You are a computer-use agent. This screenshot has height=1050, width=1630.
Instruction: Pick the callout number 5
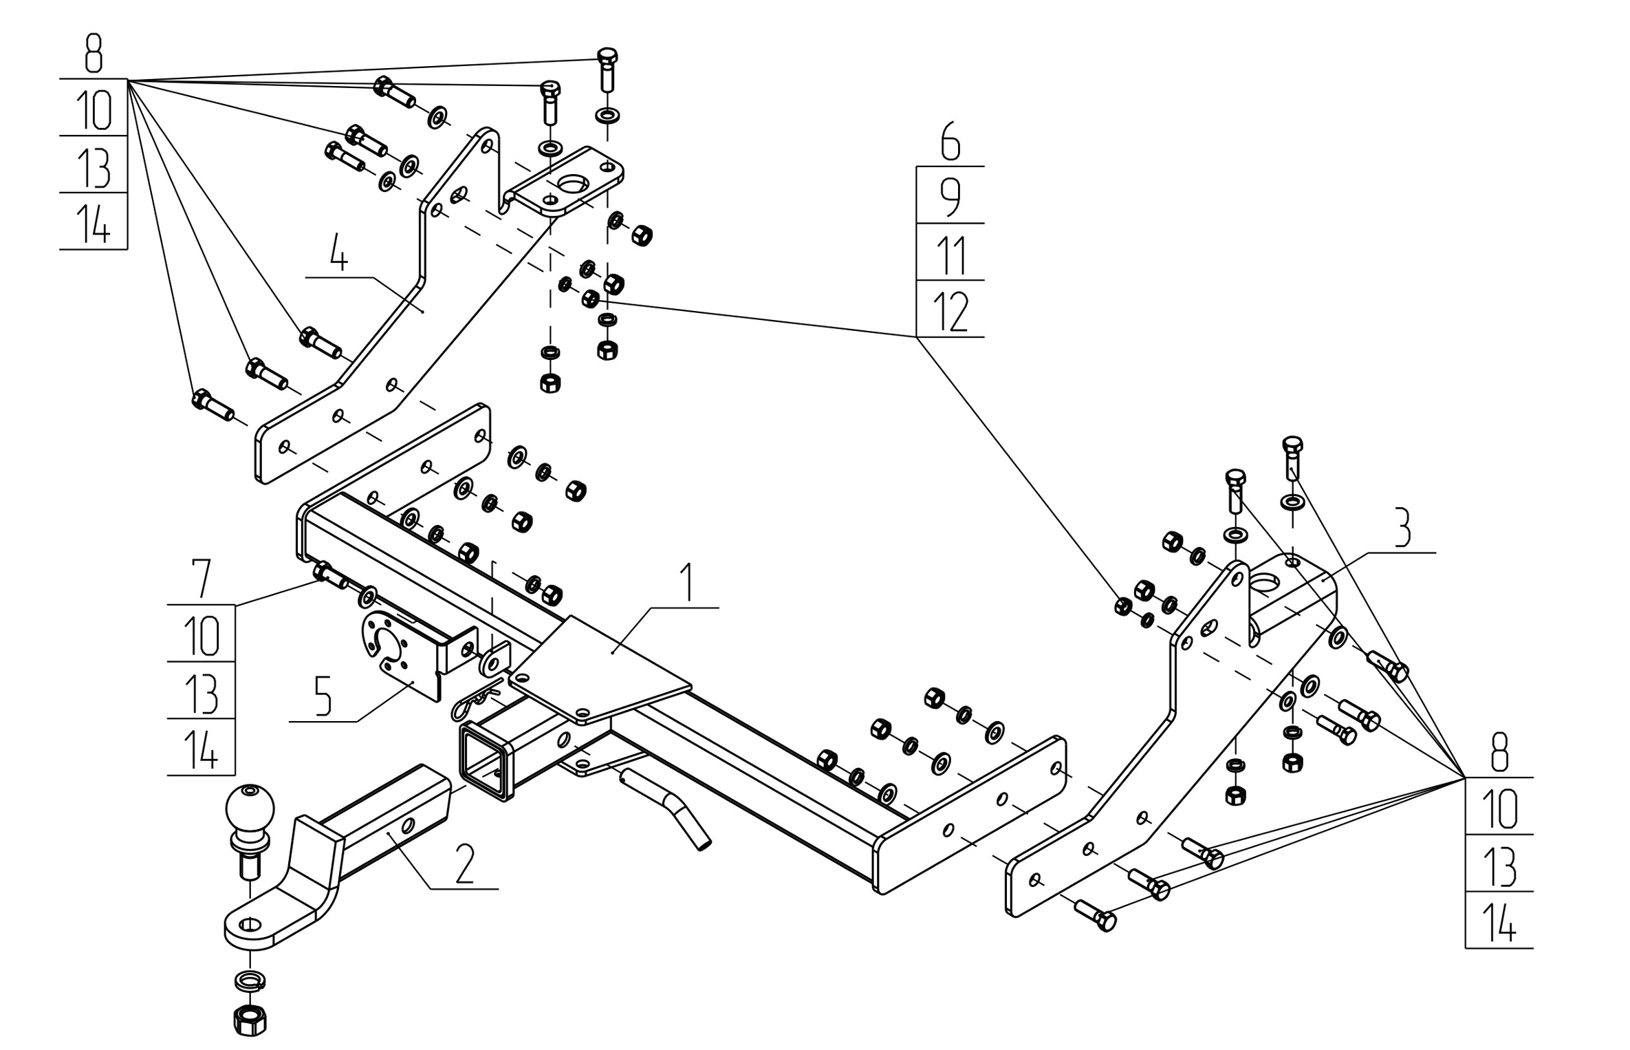323,696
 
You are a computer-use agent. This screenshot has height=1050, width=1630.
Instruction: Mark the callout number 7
202,579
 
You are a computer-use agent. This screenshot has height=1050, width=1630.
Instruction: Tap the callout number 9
950,197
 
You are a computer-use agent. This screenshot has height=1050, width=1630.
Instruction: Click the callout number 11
950,255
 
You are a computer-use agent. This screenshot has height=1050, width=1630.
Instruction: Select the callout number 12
950,312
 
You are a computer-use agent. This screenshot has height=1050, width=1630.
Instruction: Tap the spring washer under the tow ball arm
250,980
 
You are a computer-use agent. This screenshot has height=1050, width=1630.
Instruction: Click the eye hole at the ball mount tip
250,923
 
